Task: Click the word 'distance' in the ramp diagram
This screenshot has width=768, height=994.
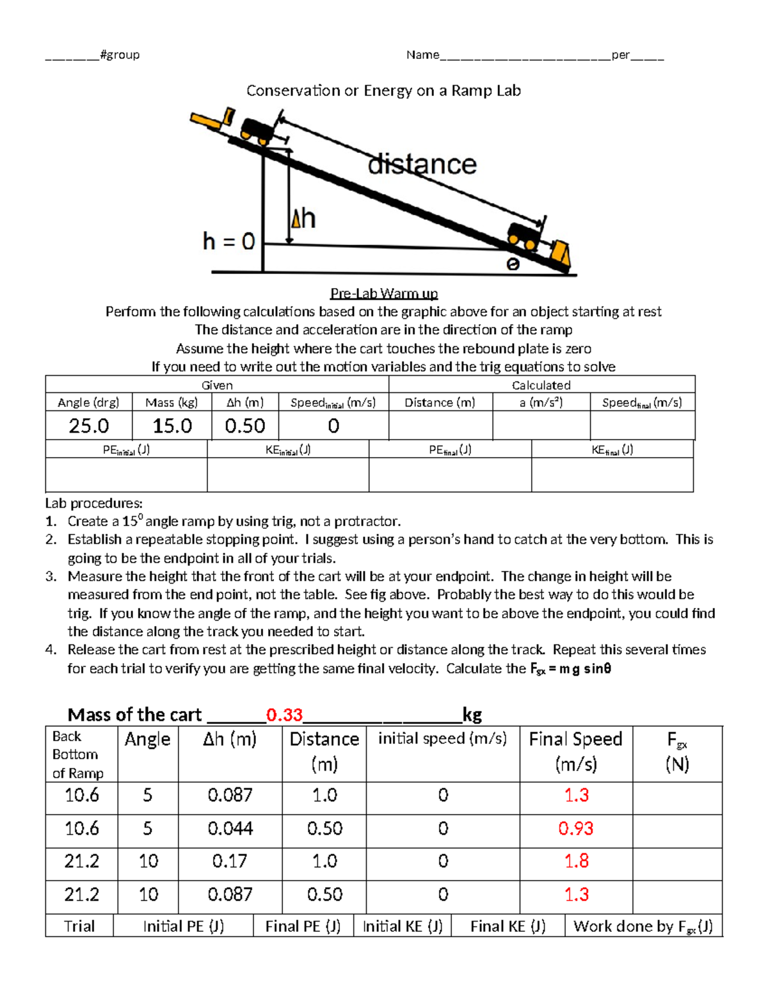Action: tap(422, 164)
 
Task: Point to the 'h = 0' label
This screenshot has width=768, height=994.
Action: tap(228, 241)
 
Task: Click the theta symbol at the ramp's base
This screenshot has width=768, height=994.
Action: tap(513, 264)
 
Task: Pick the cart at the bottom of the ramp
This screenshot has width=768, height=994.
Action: tap(525, 236)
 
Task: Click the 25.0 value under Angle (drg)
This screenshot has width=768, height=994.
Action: tap(89, 426)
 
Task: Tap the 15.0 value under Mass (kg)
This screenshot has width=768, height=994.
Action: tap(172, 426)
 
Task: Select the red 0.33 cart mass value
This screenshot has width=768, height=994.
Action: tap(285, 715)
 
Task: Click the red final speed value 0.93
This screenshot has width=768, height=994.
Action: tap(575, 828)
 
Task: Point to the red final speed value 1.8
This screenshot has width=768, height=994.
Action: tap(577, 862)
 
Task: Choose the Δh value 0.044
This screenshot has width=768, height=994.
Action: tap(230, 828)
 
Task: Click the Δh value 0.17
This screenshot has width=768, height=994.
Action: tap(230, 862)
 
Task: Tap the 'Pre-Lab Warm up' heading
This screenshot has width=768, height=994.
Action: tap(384, 293)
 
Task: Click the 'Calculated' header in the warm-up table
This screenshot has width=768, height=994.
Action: tap(541, 385)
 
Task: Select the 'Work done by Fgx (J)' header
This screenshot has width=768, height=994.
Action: tap(643, 927)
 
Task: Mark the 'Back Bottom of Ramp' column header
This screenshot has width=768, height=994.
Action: tap(78, 755)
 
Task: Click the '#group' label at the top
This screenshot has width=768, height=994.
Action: tap(120, 55)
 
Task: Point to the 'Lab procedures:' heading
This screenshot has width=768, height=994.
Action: tap(94, 503)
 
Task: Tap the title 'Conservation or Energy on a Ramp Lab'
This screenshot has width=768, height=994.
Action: tap(384, 91)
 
